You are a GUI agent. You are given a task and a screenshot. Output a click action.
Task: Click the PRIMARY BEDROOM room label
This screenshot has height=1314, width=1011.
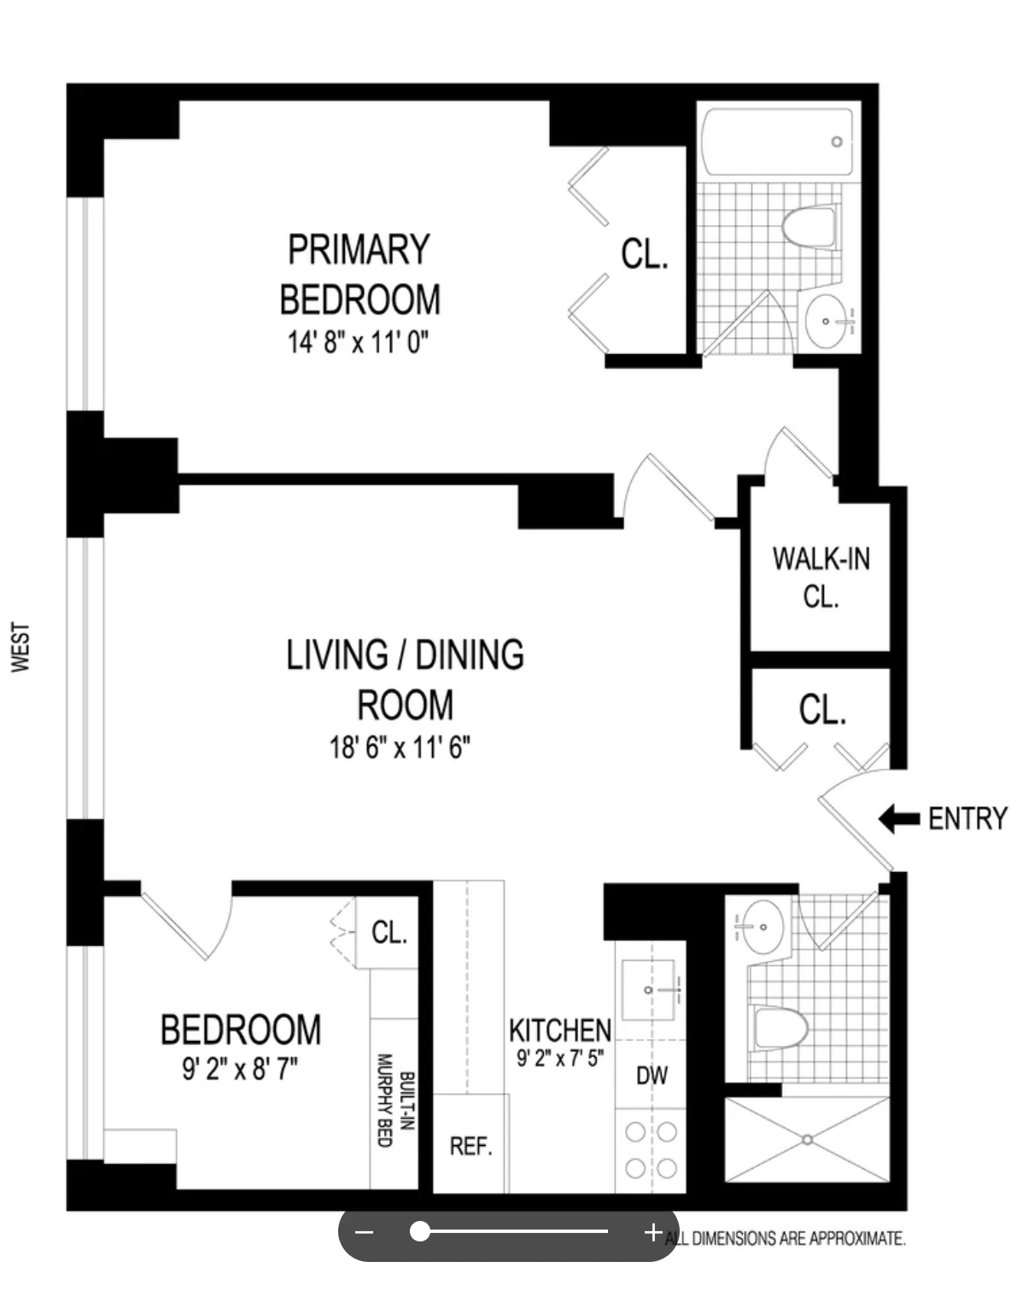[x=359, y=274]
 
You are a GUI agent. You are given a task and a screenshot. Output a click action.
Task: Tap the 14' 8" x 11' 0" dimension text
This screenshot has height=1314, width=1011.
[x=358, y=343]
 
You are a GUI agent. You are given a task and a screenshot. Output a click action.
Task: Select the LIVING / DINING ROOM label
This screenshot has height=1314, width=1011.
[x=405, y=679]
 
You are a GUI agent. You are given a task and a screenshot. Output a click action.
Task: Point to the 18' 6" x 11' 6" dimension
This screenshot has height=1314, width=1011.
[x=400, y=747]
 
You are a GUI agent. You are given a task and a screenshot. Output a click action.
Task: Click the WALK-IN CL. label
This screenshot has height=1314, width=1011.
[x=821, y=577]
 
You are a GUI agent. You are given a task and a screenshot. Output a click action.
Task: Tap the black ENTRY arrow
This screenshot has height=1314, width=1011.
[x=898, y=818]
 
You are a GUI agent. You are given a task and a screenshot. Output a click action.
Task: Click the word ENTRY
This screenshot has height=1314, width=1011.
[x=967, y=818]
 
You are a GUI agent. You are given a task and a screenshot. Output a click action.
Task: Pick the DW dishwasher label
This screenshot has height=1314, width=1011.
[x=652, y=1075]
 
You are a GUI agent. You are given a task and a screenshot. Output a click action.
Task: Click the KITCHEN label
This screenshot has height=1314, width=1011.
[x=560, y=1030]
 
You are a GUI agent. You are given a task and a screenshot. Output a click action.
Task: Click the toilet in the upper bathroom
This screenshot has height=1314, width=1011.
[x=808, y=227]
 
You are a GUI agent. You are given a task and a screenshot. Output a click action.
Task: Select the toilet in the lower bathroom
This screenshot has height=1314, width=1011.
[x=780, y=1029]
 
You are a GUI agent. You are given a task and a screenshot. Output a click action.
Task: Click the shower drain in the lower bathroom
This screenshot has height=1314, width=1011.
[x=807, y=1138]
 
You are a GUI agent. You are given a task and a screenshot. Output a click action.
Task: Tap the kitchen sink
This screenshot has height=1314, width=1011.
[x=651, y=990]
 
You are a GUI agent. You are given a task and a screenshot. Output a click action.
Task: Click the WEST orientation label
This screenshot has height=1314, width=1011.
[x=20, y=647]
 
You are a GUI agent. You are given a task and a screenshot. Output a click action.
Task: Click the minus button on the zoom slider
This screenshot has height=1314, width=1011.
[x=365, y=1232]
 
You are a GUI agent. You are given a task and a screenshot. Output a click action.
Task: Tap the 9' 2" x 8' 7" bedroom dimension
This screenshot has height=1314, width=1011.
[x=240, y=1068]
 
